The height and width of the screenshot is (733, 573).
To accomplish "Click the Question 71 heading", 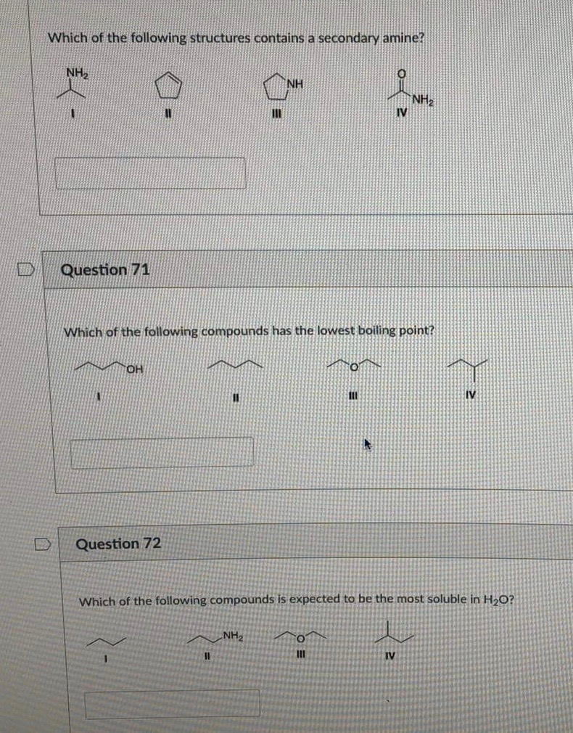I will pyautogui.click(x=105, y=270).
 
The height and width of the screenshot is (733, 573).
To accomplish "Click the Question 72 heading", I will pyautogui.click(x=118, y=544).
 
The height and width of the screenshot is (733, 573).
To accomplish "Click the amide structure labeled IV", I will pyautogui.click(x=407, y=93).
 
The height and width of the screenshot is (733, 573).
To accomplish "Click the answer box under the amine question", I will pyautogui.click(x=151, y=173).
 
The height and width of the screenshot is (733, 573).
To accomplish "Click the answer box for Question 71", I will pyautogui.click(x=162, y=451).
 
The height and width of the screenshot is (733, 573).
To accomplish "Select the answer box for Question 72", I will pyautogui.click(x=173, y=703).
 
